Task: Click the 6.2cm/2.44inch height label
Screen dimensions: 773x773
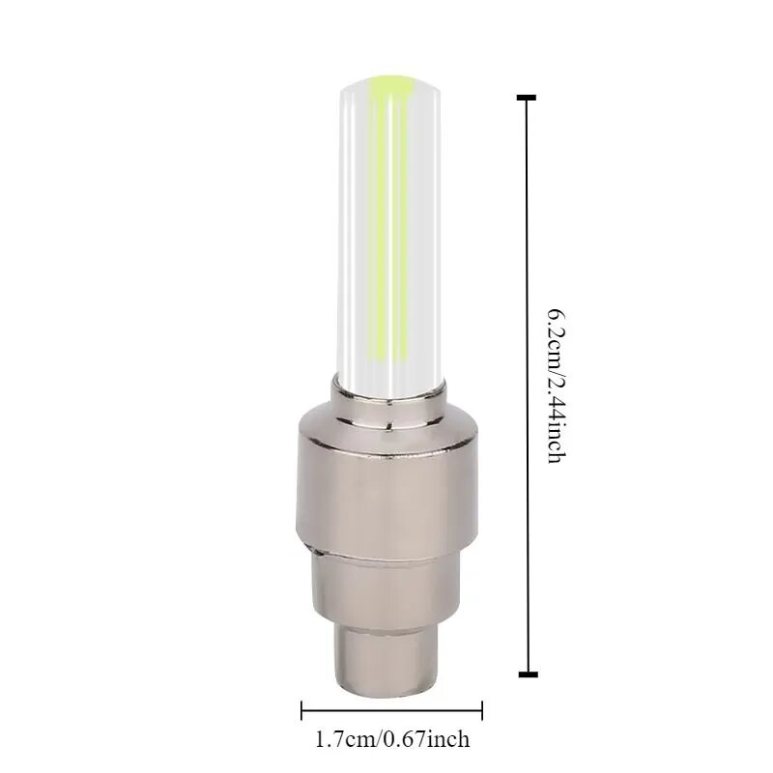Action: coord(556,386)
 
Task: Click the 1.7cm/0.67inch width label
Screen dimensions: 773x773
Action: coord(392,739)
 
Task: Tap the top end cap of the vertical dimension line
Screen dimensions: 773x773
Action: coord(527,98)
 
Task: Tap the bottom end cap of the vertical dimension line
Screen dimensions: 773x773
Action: coord(528,673)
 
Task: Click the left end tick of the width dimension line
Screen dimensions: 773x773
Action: coord(301,710)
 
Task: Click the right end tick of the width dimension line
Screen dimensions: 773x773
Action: coord(481,710)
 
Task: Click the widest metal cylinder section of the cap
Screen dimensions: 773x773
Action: coord(387,498)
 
